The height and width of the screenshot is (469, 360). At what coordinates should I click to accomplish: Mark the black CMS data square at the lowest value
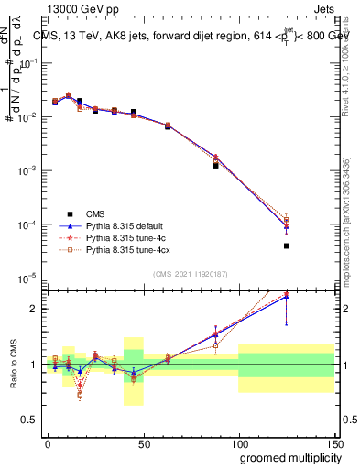287,245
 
